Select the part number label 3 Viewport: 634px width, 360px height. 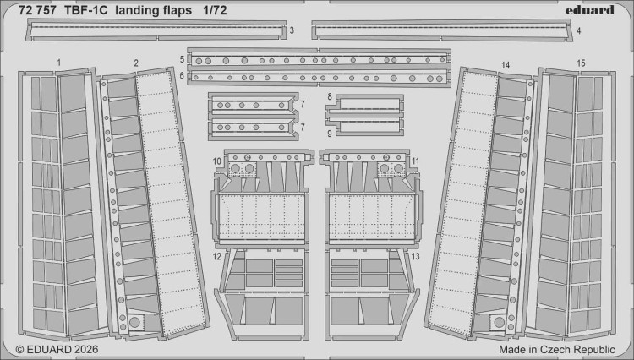(x=291, y=31)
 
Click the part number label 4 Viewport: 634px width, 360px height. (x=578, y=31)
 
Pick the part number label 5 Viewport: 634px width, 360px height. (x=182, y=60)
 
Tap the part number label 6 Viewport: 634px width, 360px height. (x=182, y=75)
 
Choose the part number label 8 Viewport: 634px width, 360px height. (x=329, y=98)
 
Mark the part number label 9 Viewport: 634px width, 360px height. (x=329, y=133)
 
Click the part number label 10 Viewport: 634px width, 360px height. (x=216, y=161)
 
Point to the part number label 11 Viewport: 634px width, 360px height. (x=415, y=161)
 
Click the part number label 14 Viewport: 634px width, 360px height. (x=505, y=64)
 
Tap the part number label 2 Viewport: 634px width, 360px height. (x=136, y=63)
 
